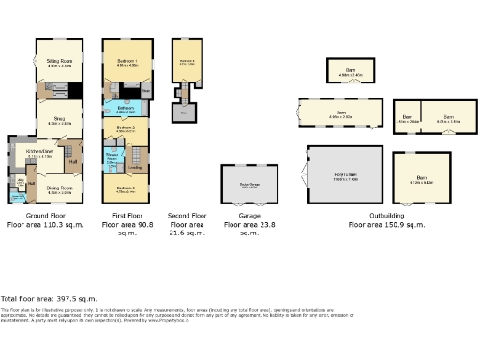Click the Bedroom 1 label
[x=127, y=62]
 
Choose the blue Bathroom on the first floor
[x=125, y=109]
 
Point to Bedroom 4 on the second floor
[x=187, y=63]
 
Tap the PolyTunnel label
[x=345, y=174]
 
